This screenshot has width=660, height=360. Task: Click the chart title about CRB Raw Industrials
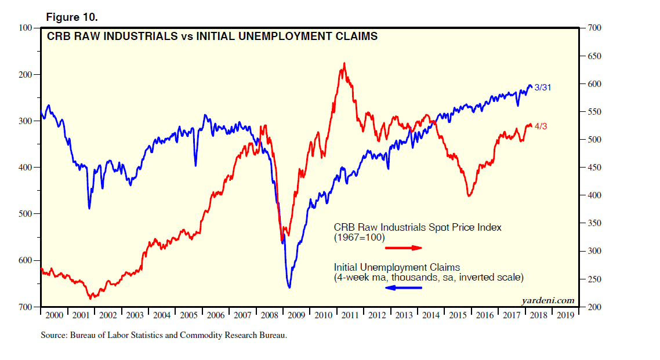click(212, 37)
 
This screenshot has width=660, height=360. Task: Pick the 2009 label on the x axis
click(296, 315)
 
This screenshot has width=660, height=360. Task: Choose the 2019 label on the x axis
click(565, 315)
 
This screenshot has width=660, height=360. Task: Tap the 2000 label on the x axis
click(54, 315)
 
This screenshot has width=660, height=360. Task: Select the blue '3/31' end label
click(543, 88)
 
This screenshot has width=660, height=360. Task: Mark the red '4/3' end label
click(541, 126)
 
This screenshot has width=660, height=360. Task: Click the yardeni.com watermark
click(549, 300)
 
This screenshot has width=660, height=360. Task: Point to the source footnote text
click(164, 335)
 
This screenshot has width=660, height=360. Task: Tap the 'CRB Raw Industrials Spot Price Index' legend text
click(417, 227)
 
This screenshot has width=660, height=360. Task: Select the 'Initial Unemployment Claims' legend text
click(397, 267)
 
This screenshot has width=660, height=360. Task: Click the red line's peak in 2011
click(344, 63)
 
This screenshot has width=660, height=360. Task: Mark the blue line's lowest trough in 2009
click(289, 288)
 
